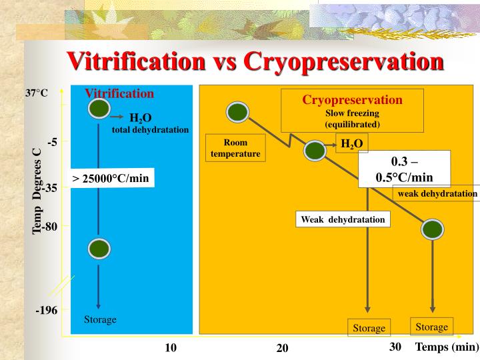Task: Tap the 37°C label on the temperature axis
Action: pyautogui.click(x=37, y=94)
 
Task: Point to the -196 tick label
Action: pyautogui.click(x=47, y=311)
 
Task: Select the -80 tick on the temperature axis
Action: pyautogui.click(x=50, y=227)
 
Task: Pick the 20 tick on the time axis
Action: pyautogui.click(x=283, y=349)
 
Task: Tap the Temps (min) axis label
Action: pyautogui.click(x=447, y=347)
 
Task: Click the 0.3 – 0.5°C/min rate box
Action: pyautogui.click(x=404, y=170)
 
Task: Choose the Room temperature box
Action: pyautogui.click(x=235, y=148)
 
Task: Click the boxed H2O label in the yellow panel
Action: pyautogui.click(x=351, y=144)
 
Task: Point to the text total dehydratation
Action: pyautogui.click(x=150, y=129)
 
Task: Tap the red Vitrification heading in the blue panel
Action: pyautogui.click(x=119, y=93)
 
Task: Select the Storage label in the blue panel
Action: pyautogui.click(x=100, y=320)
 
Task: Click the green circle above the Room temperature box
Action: pyautogui.click(x=237, y=113)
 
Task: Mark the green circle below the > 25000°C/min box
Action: pyautogui.click(x=99, y=249)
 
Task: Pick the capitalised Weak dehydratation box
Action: pyautogui.click(x=343, y=219)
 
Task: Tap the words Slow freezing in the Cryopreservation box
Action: pyautogui.click(x=352, y=113)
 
